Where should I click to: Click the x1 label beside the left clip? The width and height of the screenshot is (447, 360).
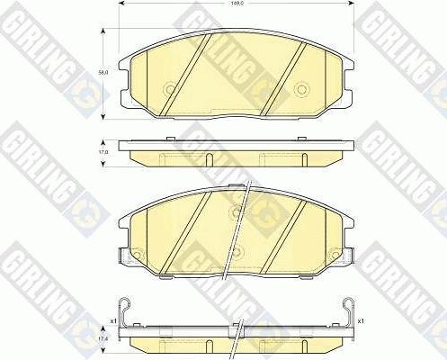tap(112, 320)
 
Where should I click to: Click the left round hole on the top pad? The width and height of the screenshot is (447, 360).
tap(171, 89)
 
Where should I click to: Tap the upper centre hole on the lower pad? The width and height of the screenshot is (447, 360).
tap(235, 213)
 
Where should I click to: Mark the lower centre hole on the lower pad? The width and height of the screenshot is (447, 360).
tap(235, 251)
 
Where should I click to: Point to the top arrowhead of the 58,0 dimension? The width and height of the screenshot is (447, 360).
tap(107, 33)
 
